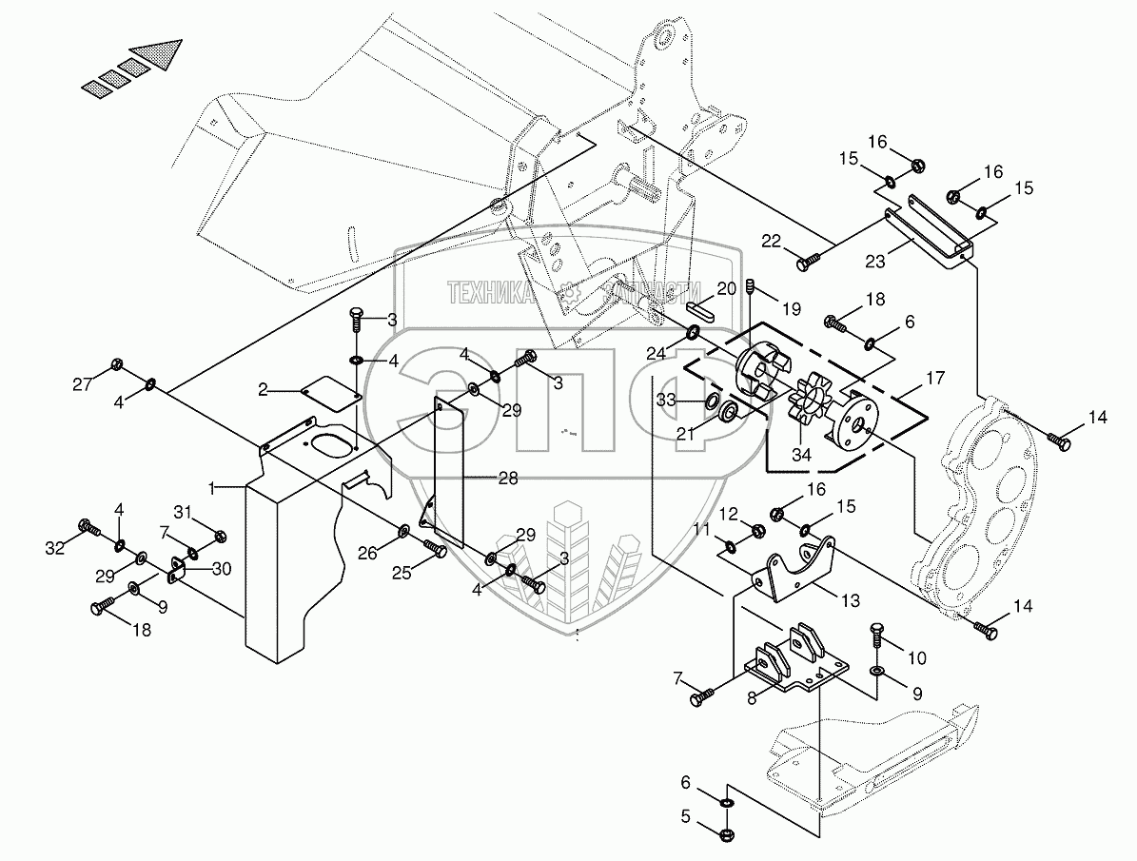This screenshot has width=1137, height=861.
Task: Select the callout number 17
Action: (x=934, y=378)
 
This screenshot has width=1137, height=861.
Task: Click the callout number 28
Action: (x=508, y=479)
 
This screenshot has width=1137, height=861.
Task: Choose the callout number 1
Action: (x=217, y=486)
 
